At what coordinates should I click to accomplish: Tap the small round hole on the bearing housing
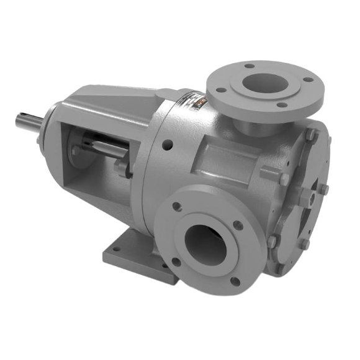click(x=166, y=146)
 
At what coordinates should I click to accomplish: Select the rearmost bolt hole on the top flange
click(x=249, y=65)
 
